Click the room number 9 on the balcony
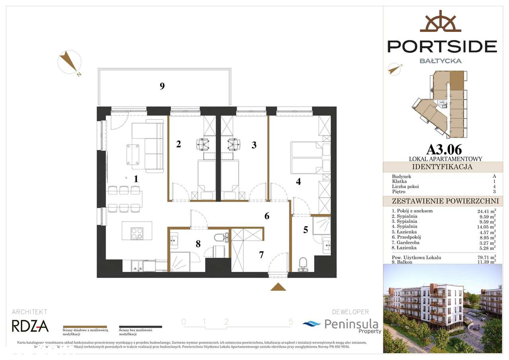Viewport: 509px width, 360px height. (x=162, y=86)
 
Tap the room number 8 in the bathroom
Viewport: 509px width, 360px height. (x=198, y=244)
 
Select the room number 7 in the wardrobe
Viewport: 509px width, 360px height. (x=261, y=255)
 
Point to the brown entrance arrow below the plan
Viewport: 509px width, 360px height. (x=278, y=287)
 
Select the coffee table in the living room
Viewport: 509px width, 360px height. (x=133, y=154)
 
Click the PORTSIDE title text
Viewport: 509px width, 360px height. (x=442, y=46)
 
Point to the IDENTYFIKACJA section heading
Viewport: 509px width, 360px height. (x=442, y=167)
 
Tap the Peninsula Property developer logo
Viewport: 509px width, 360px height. (x=342, y=325)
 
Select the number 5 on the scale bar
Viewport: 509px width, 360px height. (x=291, y=322)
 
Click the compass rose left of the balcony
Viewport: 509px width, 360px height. (x=70, y=62)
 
